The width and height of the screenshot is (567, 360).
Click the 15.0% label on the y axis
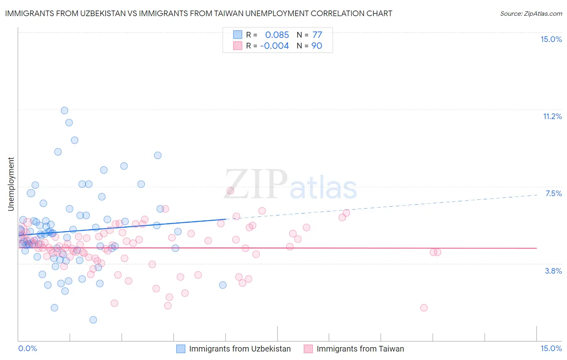click(x=551, y=39)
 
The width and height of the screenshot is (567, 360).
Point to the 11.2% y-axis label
click(x=552, y=116)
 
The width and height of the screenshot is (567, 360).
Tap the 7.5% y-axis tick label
click(x=553, y=193)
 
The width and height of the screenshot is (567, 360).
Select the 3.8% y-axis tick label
click(x=553, y=271)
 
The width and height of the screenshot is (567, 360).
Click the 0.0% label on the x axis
click(x=27, y=348)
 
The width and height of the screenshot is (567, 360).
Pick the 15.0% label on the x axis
click(x=551, y=348)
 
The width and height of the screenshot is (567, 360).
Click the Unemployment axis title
click(x=11, y=184)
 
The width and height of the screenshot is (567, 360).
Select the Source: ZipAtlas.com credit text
click(x=531, y=13)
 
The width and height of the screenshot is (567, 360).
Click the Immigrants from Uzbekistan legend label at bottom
click(x=240, y=349)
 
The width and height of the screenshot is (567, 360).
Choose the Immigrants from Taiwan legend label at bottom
click(x=360, y=349)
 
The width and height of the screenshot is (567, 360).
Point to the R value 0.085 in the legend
click(x=277, y=35)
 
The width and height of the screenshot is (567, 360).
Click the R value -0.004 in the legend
click(x=274, y=46)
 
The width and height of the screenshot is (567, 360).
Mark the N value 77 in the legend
click(x=317, y=35)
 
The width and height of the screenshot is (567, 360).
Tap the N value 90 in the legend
click(x=317, y=46)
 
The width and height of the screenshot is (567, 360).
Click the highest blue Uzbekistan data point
click(x=64, y=110)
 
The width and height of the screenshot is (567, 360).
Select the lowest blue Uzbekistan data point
click(x=93, y=320)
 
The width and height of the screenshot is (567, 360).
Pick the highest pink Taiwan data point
click(x=230, y=190)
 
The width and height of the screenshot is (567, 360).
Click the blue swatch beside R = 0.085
click(x=238, y=35)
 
